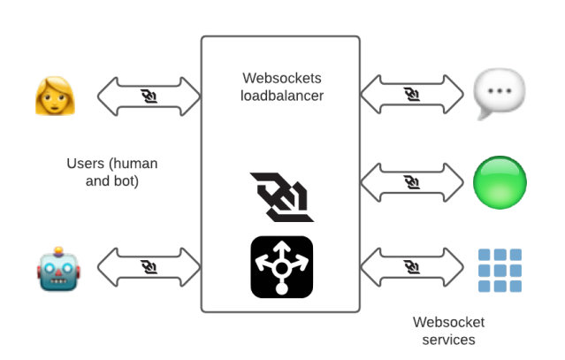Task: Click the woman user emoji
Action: point(55,96)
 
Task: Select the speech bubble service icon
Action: point(499,95)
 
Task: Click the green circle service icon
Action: point(500,182)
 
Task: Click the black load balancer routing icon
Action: point(281,266)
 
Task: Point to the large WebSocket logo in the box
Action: point(281,195)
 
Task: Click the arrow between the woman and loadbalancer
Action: point(149,96)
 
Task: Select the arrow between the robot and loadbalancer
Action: point(149,267)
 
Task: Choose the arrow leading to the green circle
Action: point(412,182)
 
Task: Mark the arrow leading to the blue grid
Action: point(412,267)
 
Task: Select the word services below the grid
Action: point(448,339)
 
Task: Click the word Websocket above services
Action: point(448,322)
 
